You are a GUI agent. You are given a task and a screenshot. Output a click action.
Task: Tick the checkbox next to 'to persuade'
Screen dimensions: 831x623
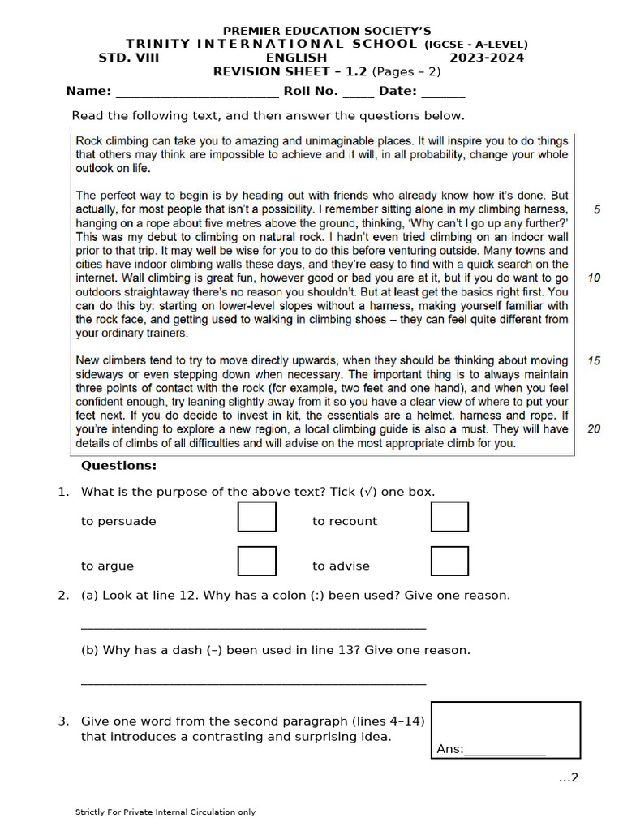(x=256, y=517)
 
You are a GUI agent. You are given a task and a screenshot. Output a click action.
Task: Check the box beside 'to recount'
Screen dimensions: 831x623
(x=449, y=517)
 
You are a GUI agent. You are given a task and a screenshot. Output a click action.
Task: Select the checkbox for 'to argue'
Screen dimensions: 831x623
(x=256, y=562)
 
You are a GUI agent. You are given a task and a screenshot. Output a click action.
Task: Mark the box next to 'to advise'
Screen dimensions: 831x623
(x=449, y=562)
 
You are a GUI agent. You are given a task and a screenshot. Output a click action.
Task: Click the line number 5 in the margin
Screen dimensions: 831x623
(x=597, y=209)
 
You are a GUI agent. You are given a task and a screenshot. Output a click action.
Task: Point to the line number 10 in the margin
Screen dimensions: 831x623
(x=594, y=278)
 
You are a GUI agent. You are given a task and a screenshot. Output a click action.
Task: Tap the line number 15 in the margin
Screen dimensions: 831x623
(x=594, y=360)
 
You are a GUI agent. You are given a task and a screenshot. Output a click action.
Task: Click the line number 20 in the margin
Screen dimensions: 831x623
(x=594, y=429)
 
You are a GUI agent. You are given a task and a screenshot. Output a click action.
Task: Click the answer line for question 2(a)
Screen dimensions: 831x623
(x=253, y=626)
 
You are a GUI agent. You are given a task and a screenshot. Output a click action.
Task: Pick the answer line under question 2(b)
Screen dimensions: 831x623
(x=253, y=682)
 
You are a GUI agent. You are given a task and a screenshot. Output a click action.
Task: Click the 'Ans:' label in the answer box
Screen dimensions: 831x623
(x=449, y=749)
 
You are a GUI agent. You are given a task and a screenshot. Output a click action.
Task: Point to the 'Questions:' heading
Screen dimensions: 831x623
(x=118, y=466)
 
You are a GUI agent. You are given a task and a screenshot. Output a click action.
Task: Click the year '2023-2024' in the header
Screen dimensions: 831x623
(x=487, y=58)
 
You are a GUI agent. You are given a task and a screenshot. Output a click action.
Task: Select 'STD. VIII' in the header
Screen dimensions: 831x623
(x=129, y=58)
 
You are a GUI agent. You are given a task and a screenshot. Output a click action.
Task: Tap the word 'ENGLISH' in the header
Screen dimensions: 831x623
(x=297, y=58)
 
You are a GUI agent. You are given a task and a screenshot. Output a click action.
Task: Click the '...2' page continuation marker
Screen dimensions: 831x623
(x=568, y=778)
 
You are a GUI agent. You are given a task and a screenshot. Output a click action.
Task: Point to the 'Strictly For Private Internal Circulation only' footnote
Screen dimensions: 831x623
(x=165, y=812)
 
